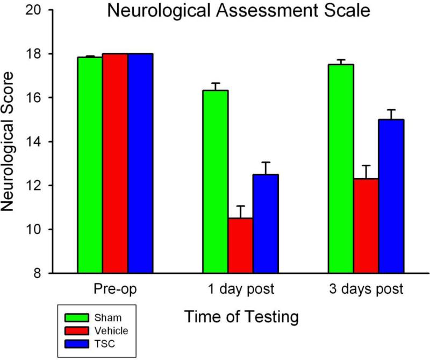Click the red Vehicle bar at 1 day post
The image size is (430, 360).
pos(240,245)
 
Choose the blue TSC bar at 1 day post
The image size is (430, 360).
pos(266,223)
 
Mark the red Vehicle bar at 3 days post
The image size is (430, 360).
pos(366,225)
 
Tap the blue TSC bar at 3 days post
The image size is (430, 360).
pos(391,196)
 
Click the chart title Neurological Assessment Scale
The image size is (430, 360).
pos(239,11)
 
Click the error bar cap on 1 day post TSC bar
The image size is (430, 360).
pos(266,162)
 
